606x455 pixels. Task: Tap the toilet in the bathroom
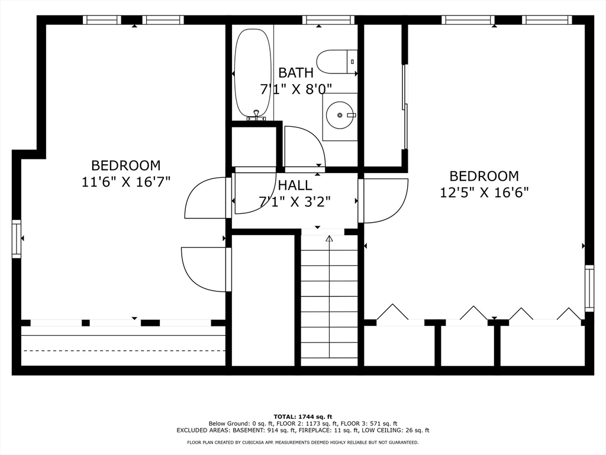tap(337, 62)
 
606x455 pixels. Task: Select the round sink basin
tap(340, 116)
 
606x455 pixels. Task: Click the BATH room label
tap(296, 73)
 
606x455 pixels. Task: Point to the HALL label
tap(295, 185)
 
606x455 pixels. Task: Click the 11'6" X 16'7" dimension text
tap(126, 182)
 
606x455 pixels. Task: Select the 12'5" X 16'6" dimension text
tap(484, 193)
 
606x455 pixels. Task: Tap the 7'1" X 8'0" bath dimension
tap(296, 89)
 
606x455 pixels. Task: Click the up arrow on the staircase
tap(329, 239)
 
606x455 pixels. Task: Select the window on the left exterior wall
tap(16, 239)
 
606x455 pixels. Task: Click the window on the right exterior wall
tap(589, 289)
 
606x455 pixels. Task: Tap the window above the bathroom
tap(328, 20)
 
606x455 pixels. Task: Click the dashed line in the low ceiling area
tap(124, 351)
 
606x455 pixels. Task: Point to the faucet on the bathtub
tap(256, 115)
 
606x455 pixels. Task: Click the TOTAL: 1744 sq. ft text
tap(303, 416)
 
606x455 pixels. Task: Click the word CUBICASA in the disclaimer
tap(256, 442)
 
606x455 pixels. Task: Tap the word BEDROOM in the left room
tap(126, 166)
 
